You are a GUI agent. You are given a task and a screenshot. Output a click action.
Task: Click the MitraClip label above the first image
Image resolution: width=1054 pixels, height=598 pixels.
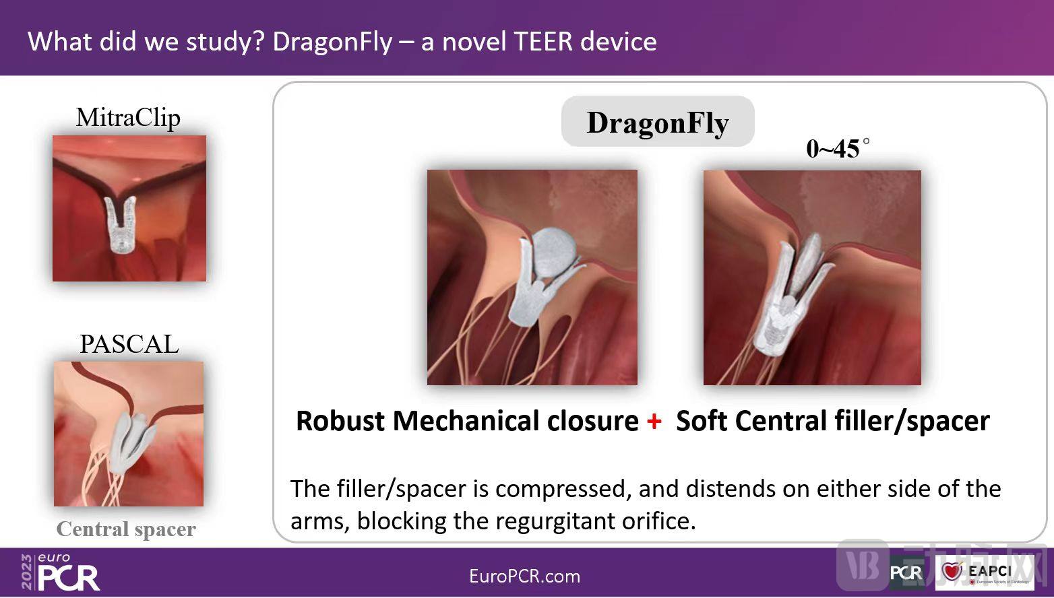point(128,118)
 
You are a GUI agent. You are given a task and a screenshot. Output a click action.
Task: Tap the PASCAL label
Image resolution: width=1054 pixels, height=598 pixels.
point(129,344)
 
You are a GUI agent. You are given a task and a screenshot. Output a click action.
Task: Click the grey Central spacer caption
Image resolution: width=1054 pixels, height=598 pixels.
point(126,529)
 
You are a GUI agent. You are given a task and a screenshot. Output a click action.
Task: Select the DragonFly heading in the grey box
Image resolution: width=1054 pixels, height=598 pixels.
point(658,123)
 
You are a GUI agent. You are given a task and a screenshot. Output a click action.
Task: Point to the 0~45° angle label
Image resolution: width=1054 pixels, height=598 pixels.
point(838,148)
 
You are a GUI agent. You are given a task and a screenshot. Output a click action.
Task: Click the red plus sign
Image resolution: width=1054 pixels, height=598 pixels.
point(654,421)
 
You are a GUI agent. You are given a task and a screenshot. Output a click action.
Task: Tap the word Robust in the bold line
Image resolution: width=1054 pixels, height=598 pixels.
point(341,421)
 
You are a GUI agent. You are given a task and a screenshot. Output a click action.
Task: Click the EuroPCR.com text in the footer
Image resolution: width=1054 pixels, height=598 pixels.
point(525,576)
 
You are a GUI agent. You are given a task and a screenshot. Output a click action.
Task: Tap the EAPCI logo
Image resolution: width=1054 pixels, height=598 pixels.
point(985,572)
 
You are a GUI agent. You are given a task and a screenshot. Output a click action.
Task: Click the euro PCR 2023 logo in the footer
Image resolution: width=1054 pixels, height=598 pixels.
point(60,572)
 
